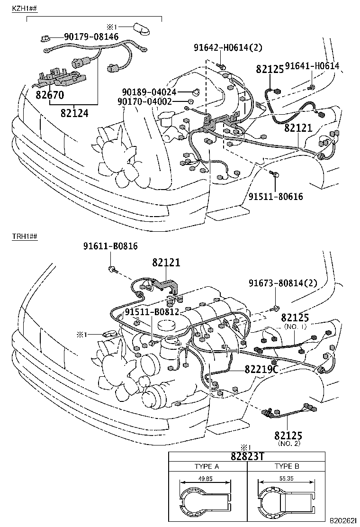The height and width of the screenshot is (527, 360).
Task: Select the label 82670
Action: coord(49,95)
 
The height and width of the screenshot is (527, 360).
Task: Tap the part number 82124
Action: coord(74,113)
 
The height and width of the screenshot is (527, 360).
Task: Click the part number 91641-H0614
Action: coord(313,66)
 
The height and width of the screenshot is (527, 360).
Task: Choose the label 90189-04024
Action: coord(149,92)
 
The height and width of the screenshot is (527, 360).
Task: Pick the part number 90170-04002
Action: coord(149,101)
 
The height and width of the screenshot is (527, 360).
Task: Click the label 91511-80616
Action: coord(276,196)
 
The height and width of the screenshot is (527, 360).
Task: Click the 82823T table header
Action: coord(247,456)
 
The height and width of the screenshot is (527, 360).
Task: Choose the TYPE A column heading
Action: coord(207,466)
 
